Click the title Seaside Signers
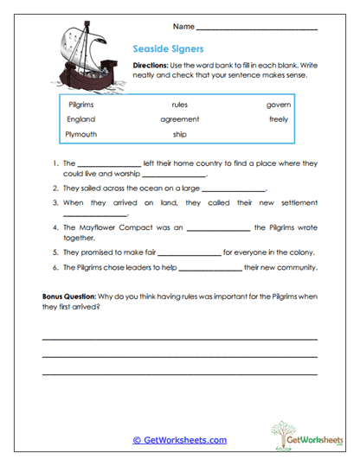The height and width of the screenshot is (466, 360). point(165,49)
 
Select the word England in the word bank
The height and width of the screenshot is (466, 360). point(81,119)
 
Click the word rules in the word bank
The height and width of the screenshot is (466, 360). point(180,104)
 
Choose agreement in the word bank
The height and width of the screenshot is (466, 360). point(180,119)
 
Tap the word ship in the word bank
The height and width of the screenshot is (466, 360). point(180,135)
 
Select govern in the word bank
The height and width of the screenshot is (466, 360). point(279,104)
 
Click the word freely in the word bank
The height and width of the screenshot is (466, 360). point(279,119)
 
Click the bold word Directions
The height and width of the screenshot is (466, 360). point(151,66)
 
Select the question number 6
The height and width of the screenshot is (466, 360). point(55,268)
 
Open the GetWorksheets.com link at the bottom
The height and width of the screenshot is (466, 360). point(179,440)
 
